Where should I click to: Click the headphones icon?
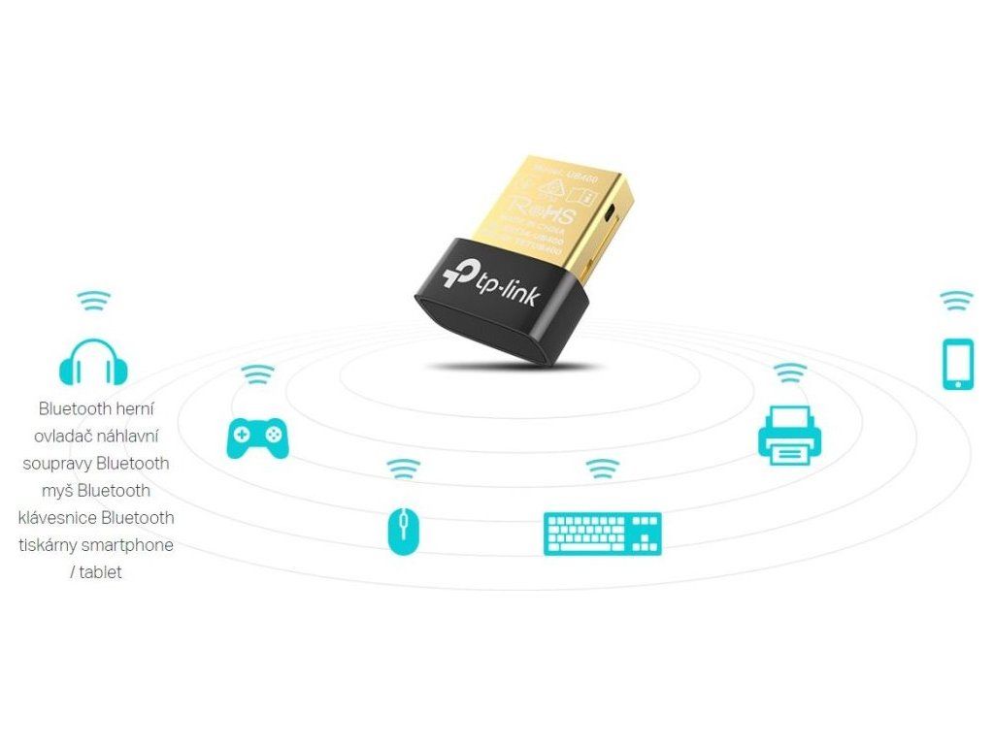point(93,361)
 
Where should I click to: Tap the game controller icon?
point(256,437)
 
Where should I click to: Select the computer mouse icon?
point(402,531)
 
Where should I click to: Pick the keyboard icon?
point(602,533)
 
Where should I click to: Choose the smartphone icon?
point(958,364)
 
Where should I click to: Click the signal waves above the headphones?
point(93,301)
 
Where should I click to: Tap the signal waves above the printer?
point(789,373)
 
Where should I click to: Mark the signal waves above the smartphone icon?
point(958,300)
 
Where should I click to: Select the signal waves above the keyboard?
point(602,469)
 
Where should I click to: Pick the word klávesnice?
point(57,517)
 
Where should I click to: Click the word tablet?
point(101,572)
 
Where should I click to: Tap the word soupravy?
point(57,463)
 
